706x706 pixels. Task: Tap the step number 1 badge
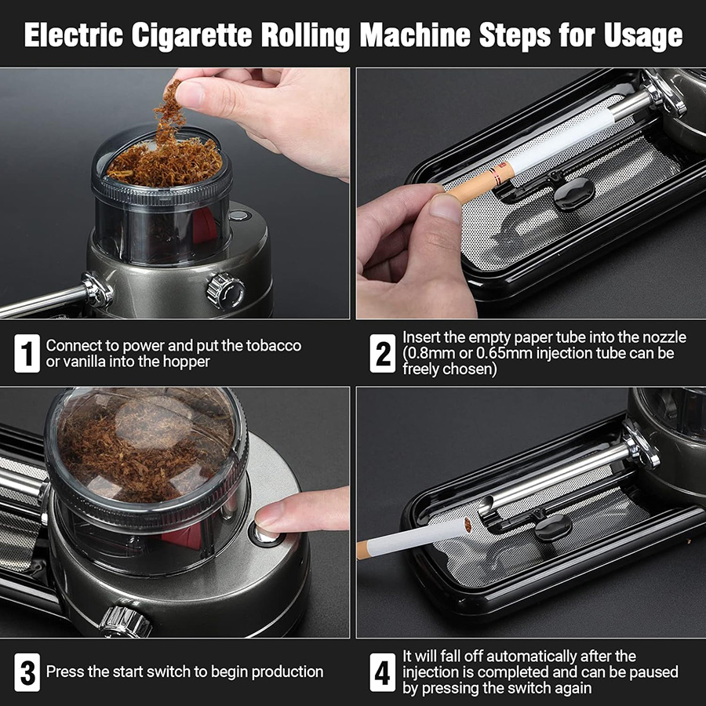(27, 354)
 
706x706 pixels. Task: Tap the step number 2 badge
(383, 354)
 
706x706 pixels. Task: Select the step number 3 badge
(27, 672)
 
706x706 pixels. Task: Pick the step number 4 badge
(383, 672)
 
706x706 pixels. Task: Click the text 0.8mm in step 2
(427, 353)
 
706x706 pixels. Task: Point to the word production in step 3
(279, 672)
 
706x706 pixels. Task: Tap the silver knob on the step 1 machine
(225, 289)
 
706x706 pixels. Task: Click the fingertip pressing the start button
(270, 515)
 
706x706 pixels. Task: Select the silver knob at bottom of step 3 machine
(126, 620)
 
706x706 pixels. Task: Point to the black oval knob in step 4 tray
(553, 524)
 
